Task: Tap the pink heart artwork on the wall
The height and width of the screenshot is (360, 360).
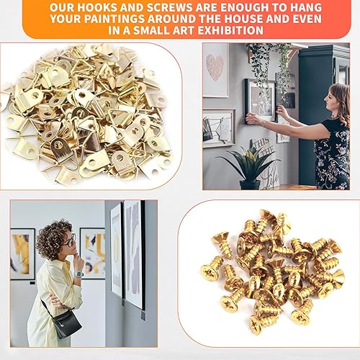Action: (215, 67)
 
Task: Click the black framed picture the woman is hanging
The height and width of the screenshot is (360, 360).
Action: (260, 101)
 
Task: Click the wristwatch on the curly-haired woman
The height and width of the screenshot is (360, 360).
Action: (78, 274)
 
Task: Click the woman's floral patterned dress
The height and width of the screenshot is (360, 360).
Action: (333, 153)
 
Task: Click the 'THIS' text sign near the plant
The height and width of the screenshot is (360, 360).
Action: (261, 143)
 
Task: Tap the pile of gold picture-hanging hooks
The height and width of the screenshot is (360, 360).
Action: (88, 113)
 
